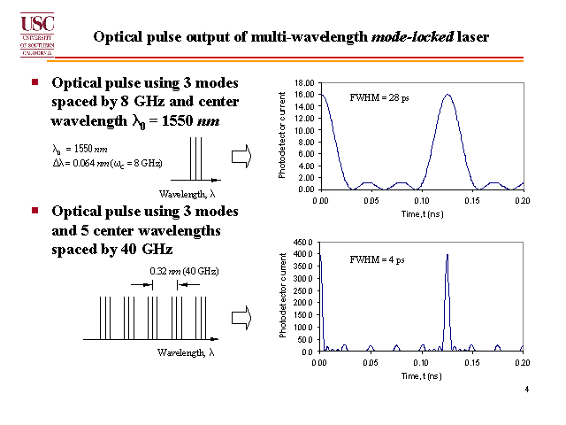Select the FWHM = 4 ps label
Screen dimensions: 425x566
[377, 259]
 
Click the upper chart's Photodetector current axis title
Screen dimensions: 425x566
[283, 135]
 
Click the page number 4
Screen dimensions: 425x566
[526, 390]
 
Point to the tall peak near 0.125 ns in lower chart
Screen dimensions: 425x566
[447, 257]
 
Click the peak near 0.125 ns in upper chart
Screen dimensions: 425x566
[447, 96]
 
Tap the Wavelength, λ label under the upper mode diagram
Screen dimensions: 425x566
[185, 193]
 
